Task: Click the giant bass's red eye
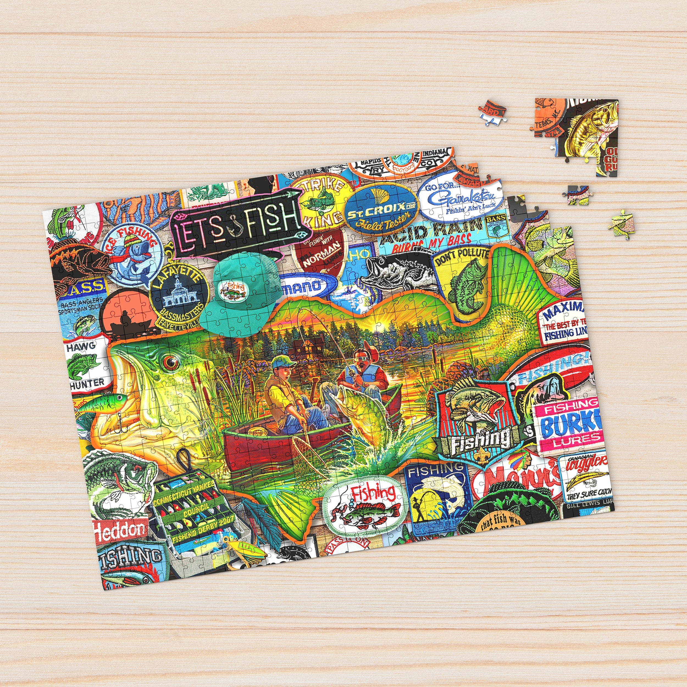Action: click(171, 362)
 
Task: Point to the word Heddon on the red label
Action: click(120, 531)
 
